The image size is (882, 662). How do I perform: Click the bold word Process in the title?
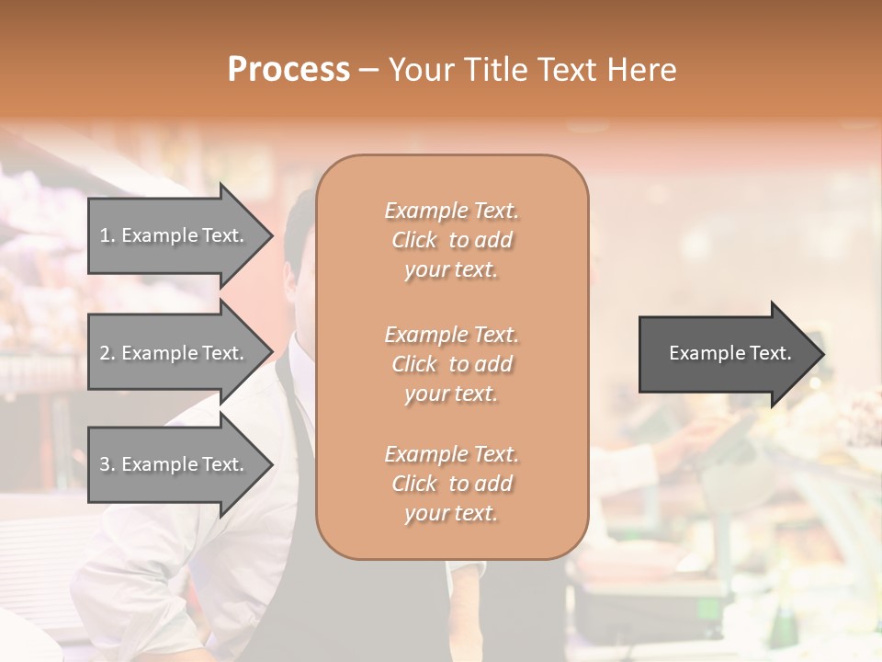coord(288,69)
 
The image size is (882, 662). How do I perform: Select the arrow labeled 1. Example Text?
coord(175,235)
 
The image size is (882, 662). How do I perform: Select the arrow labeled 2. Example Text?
coord(175,353)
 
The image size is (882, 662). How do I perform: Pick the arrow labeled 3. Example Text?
coord(175,464)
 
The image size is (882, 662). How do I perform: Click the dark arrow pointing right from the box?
coord(726,353)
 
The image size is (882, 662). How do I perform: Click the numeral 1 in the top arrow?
coord(104,235)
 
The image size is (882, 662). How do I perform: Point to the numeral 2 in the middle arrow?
coord(105,353)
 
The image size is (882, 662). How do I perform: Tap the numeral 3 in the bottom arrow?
coord(105,464)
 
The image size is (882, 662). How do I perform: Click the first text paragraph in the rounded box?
coord(451,240)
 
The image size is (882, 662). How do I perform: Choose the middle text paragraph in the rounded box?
coord(451,364)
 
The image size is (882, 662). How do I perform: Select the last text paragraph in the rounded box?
coord(451,484)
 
